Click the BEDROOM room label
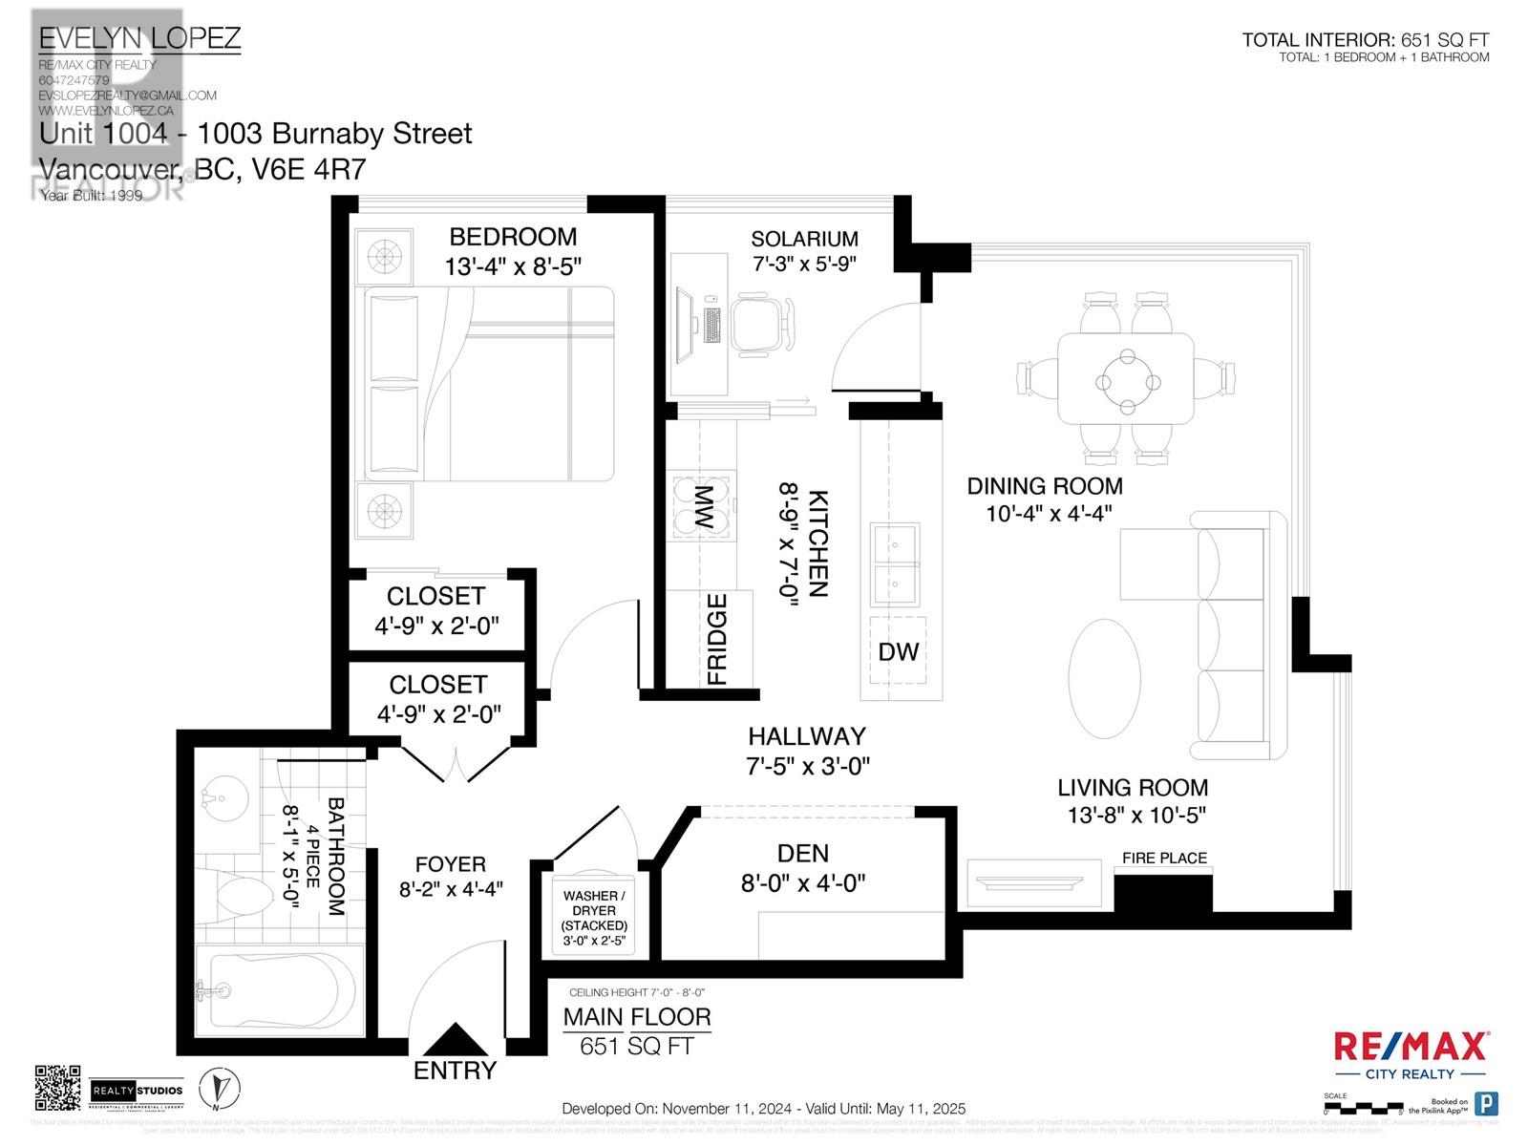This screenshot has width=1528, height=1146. pyautogui.click(x=513, y=237)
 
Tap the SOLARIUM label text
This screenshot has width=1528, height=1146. pyautogui.click(x=804, y=239)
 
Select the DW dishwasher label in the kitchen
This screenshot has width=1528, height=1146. pyautogui.click(x=898, y=652)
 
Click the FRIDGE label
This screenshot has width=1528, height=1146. pyautogui.click(x=717, y=639)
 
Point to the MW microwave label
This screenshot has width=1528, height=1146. pyautogui.click(x=703, y=508)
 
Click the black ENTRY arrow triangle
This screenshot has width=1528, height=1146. pyautogui.click(x=456, y=1039)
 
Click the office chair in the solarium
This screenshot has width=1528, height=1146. pyautogui.click(x=761, y=325)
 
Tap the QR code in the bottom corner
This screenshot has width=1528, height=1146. pyautogui.click(x=57, y=1089)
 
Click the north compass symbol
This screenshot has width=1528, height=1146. pyautogui.click(x=220, y=1088)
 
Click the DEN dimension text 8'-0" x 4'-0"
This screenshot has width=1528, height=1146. pyautogui.click(x=803, y=883)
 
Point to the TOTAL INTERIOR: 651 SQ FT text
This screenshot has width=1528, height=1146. pyautogui.click(x=1365, y=40)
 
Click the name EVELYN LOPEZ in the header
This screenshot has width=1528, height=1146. pyautogui.click(x=139, y=39)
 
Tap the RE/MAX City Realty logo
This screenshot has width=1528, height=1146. pyautogui.click(x=1410, y=1054)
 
